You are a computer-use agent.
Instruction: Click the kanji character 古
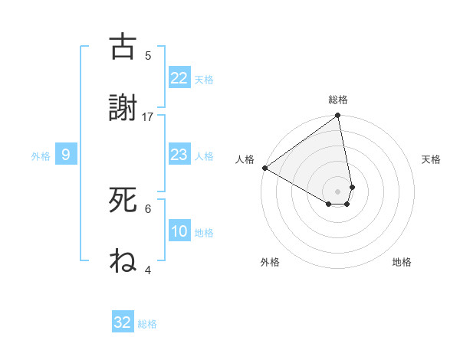tap(123, 47)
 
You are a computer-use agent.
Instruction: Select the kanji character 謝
tap(123, 108)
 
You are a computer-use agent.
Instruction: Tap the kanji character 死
tap(123, 200)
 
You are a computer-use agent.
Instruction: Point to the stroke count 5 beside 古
tap(148, 55)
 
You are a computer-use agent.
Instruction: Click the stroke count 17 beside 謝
tap(148, 116)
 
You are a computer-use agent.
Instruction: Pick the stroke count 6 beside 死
tap(148, 208)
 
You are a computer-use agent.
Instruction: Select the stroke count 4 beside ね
tap(148, 270)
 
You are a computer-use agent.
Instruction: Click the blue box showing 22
tap(179, 78)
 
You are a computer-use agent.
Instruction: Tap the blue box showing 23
tap(179, 155)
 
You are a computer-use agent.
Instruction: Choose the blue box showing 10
tap(179, 231)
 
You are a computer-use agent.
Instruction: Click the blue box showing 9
tap(66, 155)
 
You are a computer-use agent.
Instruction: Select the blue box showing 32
tap(123, 322)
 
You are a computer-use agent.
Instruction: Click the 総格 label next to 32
tap(147, 324)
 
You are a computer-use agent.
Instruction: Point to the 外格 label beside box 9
tap(41, 156)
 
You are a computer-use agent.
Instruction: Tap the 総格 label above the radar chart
tap(337, 100)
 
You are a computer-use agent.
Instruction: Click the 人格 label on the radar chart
tap(245, 159)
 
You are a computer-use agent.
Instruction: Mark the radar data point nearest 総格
tap(337, 116)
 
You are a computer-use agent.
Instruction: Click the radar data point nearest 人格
tap(264, 168)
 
